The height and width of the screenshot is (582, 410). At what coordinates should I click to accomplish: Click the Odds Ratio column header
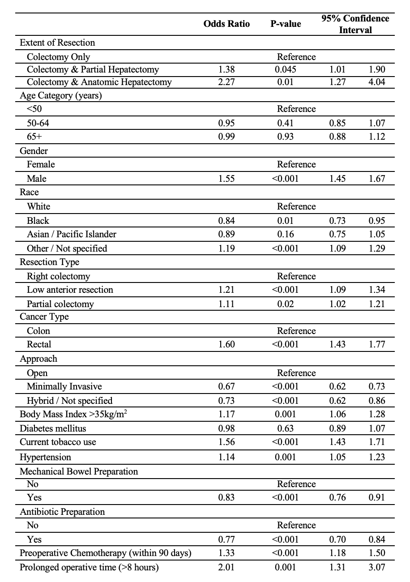point(226,24)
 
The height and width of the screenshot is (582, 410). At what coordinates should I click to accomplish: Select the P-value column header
point(286,24)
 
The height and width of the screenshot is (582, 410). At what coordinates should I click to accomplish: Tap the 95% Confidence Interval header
point(355,24)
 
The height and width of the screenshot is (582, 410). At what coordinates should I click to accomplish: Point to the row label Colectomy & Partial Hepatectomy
point(93,69)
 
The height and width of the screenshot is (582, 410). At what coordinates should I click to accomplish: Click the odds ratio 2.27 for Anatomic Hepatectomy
point(226,82)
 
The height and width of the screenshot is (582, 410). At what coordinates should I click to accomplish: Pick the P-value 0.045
point(286,69)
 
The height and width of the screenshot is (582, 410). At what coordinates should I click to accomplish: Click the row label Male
point(37,179)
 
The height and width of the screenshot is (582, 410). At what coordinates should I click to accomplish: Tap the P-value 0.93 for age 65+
point(286,137)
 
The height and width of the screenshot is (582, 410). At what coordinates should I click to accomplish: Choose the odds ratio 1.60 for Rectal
point(226,344)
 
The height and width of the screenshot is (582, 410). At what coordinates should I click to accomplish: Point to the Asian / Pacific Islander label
point(72,234)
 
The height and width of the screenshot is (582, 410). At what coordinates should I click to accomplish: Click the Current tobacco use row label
point(58,442)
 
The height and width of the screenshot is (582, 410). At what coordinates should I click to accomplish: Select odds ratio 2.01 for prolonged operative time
point(226,567)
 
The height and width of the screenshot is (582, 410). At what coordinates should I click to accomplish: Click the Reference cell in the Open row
point(296,373)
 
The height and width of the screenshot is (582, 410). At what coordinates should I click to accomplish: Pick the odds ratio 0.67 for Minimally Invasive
point(226,386)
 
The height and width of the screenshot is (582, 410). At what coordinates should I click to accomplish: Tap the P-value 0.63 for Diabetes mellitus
point(286,428)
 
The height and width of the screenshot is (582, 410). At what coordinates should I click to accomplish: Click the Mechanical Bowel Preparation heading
point(79,471)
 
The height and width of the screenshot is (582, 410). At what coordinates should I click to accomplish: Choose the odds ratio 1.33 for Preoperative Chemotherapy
point(226,553)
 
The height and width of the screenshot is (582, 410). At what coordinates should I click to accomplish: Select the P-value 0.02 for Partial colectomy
point(286,304)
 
